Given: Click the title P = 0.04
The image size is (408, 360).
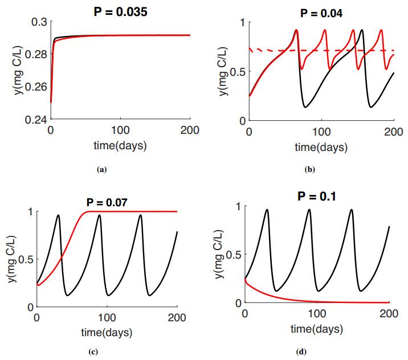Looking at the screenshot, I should point(321,13).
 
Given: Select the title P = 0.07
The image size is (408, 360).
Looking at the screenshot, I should point(107,201).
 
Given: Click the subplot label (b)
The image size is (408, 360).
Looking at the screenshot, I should point(311,169).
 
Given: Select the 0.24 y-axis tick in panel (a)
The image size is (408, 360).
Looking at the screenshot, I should point(35,120).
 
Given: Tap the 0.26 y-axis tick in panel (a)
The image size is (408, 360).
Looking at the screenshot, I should point(35,88).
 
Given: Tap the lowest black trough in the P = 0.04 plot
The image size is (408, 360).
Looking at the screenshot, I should point(306,107).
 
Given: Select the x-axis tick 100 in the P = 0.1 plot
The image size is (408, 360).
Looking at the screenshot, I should point(317,313).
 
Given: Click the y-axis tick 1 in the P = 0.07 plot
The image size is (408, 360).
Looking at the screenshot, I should point(31,212).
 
